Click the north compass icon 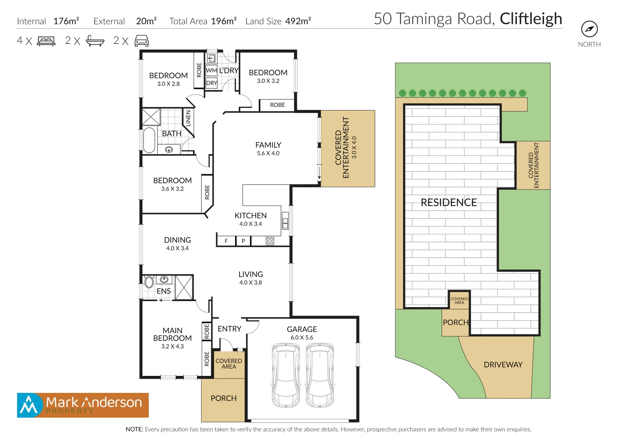[589, 29]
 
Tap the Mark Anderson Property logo [83, 405]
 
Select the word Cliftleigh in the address [531, 19]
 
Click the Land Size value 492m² [298, 21]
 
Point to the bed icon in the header [46, 41]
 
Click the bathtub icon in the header [95, 41]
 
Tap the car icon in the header [141, 41]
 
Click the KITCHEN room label [251, 216]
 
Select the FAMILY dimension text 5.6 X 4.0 [268, 153]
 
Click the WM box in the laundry [211, 70]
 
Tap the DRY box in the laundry [211, 83]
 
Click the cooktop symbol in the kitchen [270, 241]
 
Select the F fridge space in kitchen [226, 241]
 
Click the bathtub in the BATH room [149, 140]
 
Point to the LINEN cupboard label [188, 119]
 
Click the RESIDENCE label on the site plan [448, 202]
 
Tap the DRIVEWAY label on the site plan [503, 365]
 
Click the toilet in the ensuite [149, 282]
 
